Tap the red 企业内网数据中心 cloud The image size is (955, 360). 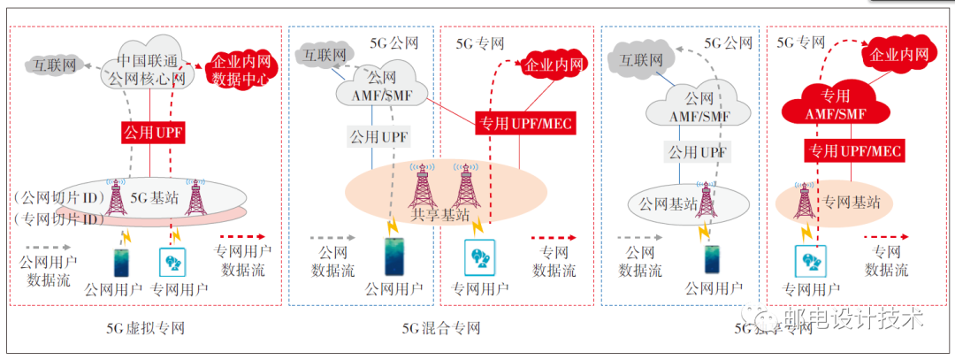(x=241, y=70)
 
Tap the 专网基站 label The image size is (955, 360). (x=853, y=203)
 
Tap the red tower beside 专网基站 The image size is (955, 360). (x=805, y=203)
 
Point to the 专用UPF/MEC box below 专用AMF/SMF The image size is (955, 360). (x=854, y=151)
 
